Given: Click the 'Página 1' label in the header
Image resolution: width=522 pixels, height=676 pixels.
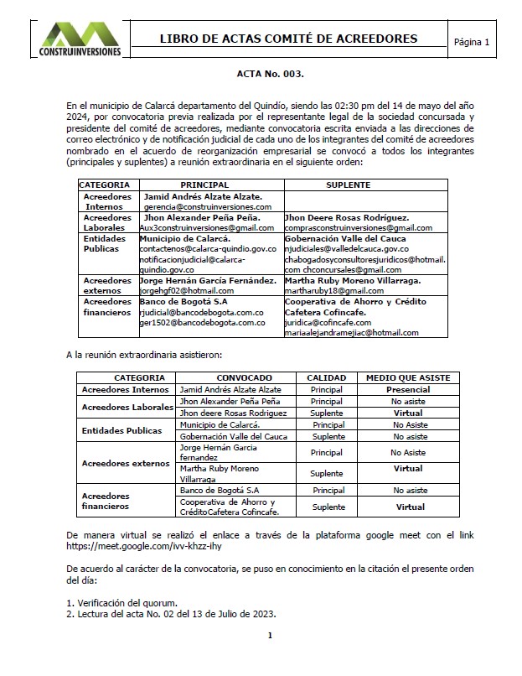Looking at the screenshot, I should coord(471,42).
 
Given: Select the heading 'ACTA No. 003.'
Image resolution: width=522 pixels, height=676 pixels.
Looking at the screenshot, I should coord(270,74).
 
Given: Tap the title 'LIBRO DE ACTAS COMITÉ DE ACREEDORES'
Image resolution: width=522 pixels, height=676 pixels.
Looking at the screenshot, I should coord(288,39).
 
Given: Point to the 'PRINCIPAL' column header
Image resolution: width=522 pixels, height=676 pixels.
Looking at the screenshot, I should coord(204,184).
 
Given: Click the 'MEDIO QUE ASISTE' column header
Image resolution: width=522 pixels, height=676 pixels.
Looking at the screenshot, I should coord(408,378).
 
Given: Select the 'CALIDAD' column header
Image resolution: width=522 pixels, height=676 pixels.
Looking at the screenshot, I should coord(327,378).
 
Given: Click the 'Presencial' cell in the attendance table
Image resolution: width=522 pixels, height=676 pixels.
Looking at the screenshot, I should coord(408,390).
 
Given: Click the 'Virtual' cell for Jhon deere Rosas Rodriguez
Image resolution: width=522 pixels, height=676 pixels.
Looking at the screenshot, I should coord(408,413).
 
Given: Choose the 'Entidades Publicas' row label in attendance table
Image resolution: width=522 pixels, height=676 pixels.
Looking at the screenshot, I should coord(121,431).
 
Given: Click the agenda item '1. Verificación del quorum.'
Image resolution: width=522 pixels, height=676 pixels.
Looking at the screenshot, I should coord(121,602).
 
